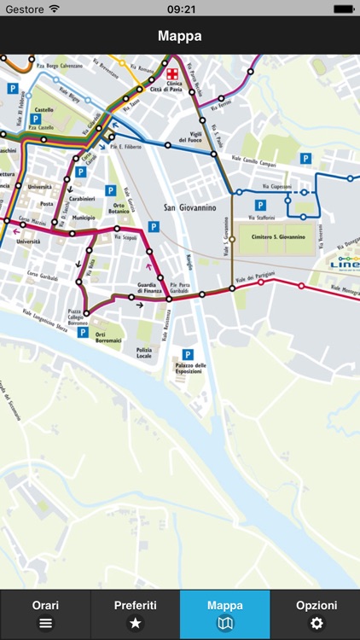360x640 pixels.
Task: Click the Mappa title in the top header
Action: pos(180,37)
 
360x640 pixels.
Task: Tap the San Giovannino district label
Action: pos(189,207)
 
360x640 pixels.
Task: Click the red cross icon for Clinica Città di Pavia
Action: pos(173,73)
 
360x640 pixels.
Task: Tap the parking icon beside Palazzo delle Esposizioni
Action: pos(188,353)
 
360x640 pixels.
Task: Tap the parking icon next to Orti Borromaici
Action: pos(83,333)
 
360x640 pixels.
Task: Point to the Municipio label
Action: pos(84,218)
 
